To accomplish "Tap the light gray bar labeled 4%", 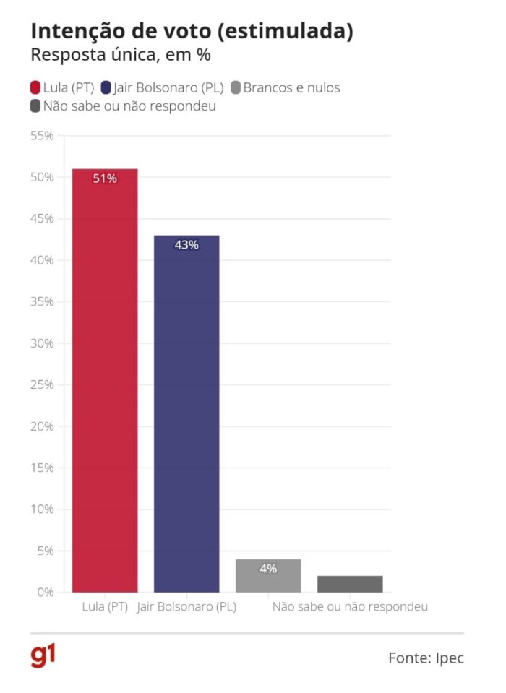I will tap(268, 576).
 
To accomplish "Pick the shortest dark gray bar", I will tap(350, 584).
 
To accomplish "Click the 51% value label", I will tap(105, 178).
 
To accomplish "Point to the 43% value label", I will tap(186, 245).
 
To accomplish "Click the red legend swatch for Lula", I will tap(35, 88).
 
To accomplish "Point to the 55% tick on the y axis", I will tap(41, 136).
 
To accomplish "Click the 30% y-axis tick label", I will tap(41, 343).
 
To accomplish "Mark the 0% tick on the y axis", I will tap(45, 593).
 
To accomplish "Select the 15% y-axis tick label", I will tap(41, 468).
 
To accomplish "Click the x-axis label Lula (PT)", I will tap(105, 607).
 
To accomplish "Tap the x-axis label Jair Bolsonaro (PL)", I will tap(186, 607).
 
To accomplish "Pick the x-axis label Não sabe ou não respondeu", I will tap(350, 607).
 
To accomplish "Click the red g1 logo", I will tap(43, 656).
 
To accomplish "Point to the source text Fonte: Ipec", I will tap(426, 658).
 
